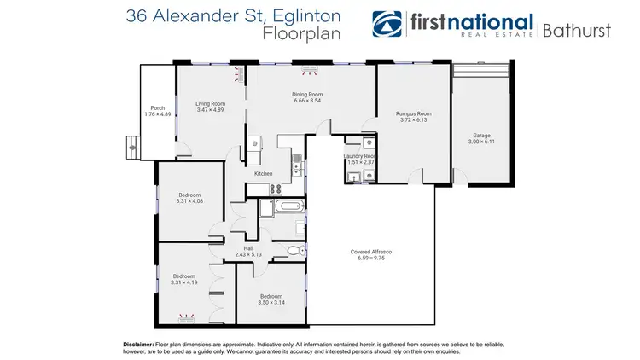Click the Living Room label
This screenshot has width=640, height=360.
coord(209,104)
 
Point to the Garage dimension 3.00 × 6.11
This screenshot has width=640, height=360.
coord(482,142)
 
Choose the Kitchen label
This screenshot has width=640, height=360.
coord(263,174)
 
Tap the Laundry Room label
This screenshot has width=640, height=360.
coord(359,156)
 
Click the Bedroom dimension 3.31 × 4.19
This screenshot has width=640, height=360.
coord(184,282)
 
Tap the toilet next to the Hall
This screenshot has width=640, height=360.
coord(293,250)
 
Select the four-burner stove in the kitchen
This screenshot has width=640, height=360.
coord(276,189)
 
